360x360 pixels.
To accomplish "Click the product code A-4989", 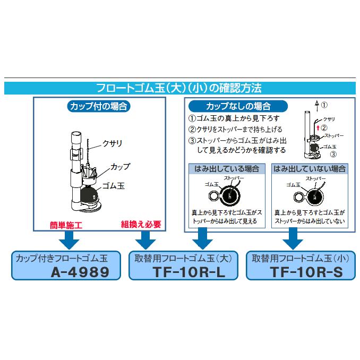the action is tap(80, 272).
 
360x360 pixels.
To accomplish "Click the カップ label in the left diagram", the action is tap(119, 166).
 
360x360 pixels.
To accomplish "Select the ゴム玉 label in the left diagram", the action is tap(112, 185).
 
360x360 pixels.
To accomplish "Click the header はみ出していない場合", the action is tap(308, 169).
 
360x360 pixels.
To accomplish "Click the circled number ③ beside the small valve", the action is tap(333, 155).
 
